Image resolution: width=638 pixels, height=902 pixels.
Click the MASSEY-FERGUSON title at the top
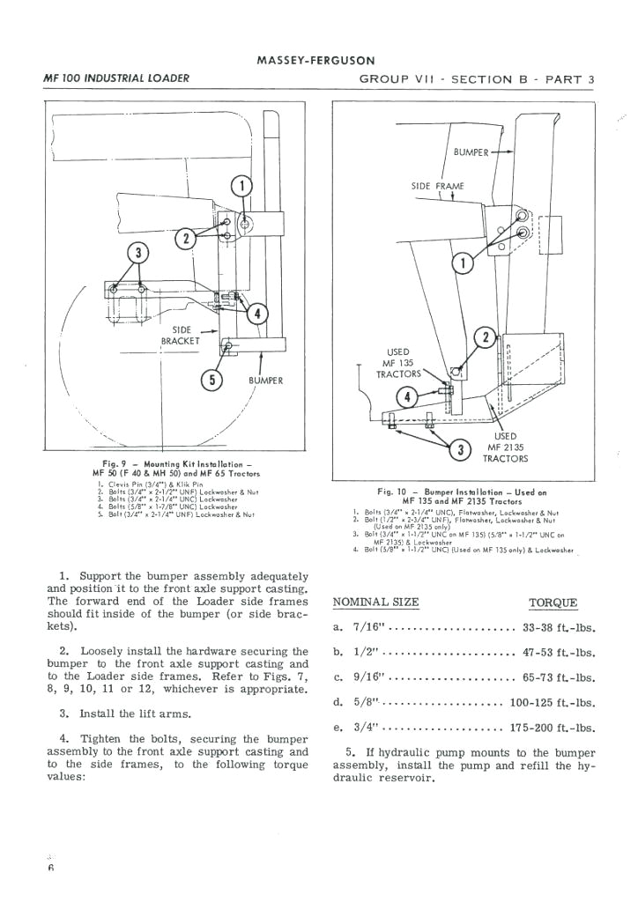pyautogui.click(x=315, y=61)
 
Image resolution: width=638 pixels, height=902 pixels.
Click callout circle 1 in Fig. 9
pyautogui.click(x=241, y=185)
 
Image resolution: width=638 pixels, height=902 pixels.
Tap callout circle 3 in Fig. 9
pyautogui.click(x=137, y=253)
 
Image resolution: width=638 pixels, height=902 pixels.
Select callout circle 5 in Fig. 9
pyautogui.click(x=211, y=381)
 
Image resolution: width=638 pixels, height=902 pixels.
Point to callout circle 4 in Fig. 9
pyautogui.click(x=257, y=313)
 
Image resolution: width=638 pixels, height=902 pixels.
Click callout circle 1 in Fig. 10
pyautogui.click(x=462, y=262)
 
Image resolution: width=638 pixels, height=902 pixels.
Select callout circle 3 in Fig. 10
pyautogui.click(x=459, y=450)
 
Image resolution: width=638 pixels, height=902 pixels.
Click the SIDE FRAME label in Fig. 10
pyautogui.click(x=437, y=186)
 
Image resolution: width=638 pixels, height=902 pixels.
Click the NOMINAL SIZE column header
pyautogui.click(x=376, y=603)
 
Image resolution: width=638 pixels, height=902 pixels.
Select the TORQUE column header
pyautogui.click(x=553, y=603)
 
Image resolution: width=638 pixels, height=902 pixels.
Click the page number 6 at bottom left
pyautogui.click(x=52, y=867)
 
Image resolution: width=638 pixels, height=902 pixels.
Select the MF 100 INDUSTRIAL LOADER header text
pyautogui.click(x=115, y=78)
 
